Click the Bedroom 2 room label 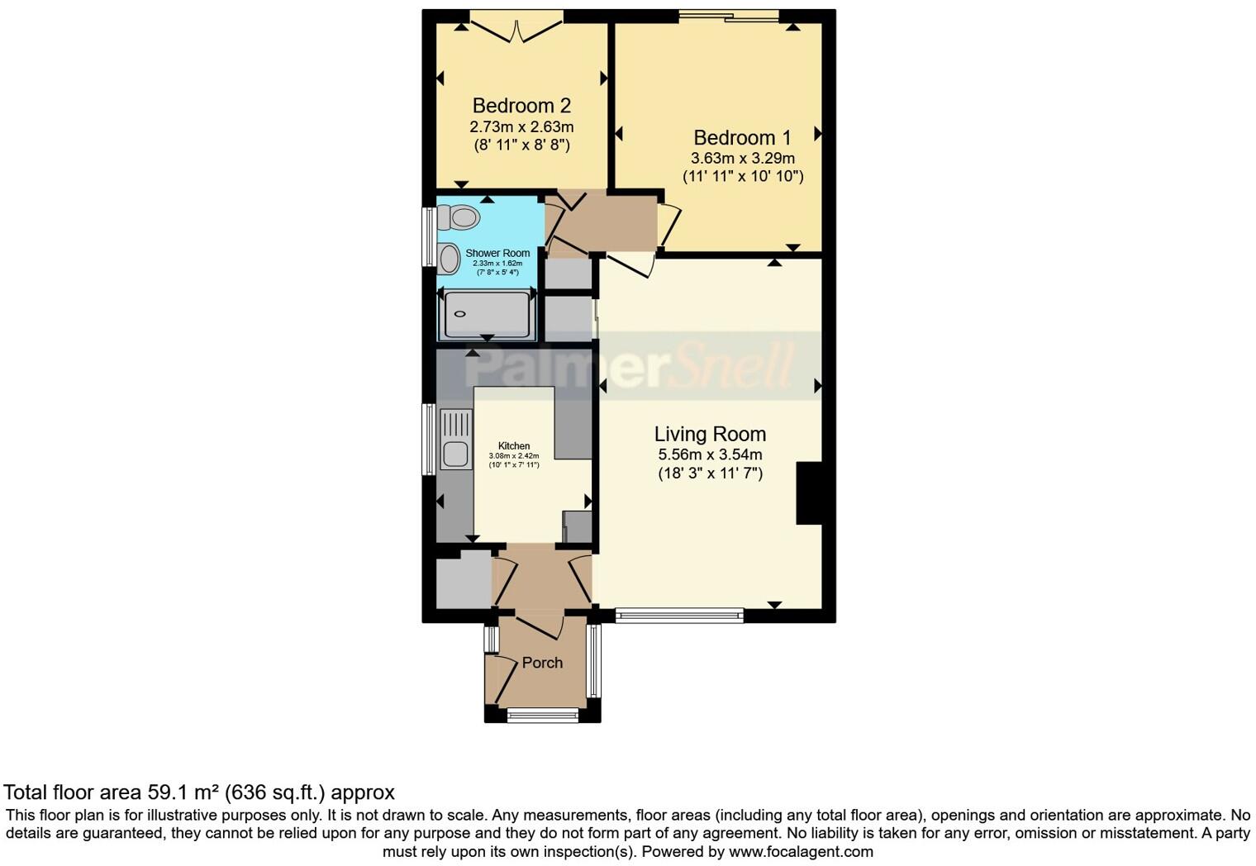521,106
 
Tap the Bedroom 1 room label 742,137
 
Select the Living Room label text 710,434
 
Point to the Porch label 542,663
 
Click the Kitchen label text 513,446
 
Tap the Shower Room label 497,253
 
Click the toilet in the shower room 458,217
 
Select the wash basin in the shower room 449,259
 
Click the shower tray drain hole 460,314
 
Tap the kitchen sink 454,453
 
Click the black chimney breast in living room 809,493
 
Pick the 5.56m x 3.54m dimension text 710,454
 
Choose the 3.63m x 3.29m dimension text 742,158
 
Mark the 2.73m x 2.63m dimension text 521,127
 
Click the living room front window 679,615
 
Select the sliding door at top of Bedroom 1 729,16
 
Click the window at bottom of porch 543,715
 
